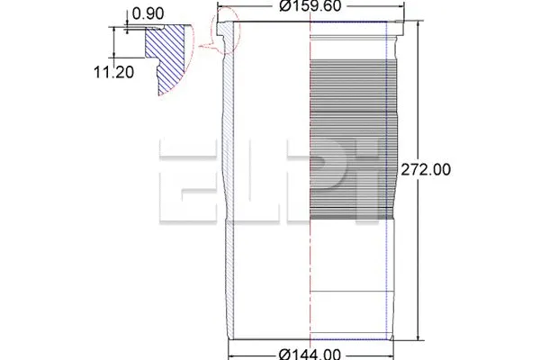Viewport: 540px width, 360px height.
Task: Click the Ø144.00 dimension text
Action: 310,352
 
